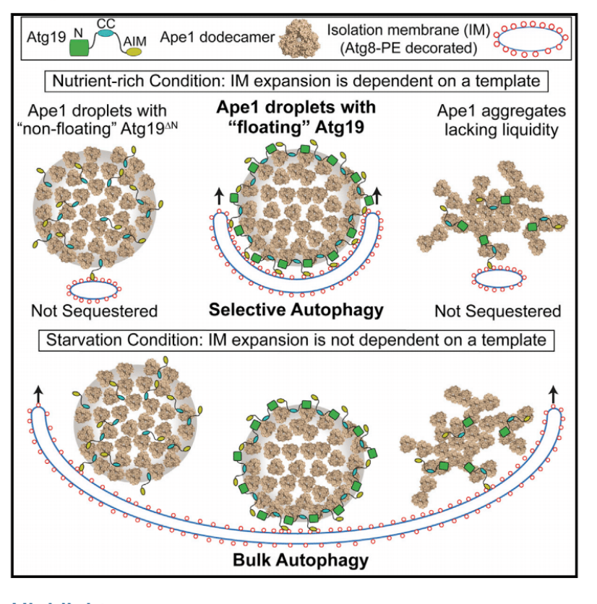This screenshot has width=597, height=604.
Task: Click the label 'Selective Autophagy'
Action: pos(296,310)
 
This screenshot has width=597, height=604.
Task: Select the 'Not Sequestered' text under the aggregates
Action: pos(497,311)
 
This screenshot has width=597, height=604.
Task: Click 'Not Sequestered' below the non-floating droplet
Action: pos(94,311)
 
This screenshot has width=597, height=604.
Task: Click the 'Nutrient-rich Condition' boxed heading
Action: pos(296,80)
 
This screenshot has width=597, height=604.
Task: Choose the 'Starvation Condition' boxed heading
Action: pos(296,340)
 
